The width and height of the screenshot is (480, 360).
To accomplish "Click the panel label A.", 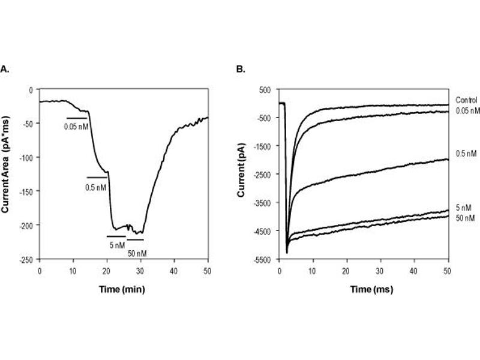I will tap(5, 70).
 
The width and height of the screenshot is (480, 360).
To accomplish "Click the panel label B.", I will tap(241, 70).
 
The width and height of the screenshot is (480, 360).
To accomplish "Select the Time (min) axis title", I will tap(123, 289).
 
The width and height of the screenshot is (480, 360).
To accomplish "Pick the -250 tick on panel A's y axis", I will tap(28, 259).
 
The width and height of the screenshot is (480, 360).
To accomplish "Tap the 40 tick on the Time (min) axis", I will tap(174, 271).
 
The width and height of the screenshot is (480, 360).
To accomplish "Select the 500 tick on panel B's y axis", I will tap(265, 89).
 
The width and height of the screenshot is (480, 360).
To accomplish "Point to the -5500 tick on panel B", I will tap(262, 259).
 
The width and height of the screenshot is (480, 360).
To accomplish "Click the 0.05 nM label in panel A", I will tap(77, 127).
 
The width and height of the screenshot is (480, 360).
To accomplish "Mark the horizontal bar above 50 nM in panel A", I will tap(135, 239).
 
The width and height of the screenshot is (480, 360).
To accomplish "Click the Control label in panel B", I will tap(466, 100).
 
